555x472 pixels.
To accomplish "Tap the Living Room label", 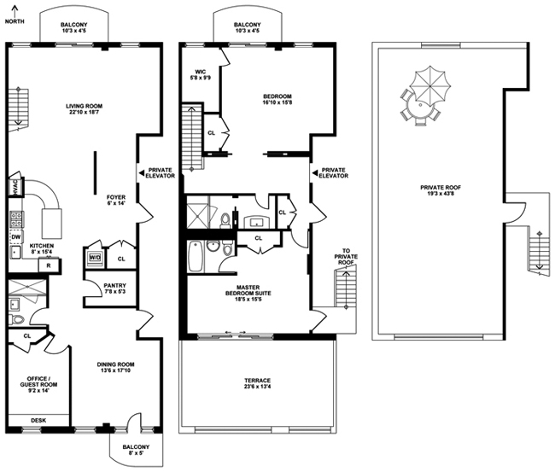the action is click(85, 109).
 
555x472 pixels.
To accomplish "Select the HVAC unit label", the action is click(15, 186).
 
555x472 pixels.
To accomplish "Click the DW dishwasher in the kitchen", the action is click(16, 237).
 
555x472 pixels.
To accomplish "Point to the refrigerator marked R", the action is click(49, 265).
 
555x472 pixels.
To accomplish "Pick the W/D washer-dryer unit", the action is click(95, 258).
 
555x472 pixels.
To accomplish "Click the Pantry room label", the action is click(114, 288).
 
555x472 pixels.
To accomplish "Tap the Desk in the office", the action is click(38, 420).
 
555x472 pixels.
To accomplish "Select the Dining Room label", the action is click(116, 367).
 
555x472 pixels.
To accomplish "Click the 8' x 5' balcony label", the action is click(136, 450).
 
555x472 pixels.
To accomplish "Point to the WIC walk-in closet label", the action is click(201, 74).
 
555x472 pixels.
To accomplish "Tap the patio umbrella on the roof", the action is click(430, 85).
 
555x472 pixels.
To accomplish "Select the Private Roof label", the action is click(441, 190).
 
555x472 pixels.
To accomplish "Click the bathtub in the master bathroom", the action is click(196, 256).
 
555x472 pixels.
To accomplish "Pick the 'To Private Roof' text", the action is click(346, 257).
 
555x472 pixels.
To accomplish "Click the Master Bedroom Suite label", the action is click(248, 294).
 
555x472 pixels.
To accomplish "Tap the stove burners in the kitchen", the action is click(16, 219).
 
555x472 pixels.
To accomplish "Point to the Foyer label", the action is click(116, 201).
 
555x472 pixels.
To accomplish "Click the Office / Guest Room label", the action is click(38, 385).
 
